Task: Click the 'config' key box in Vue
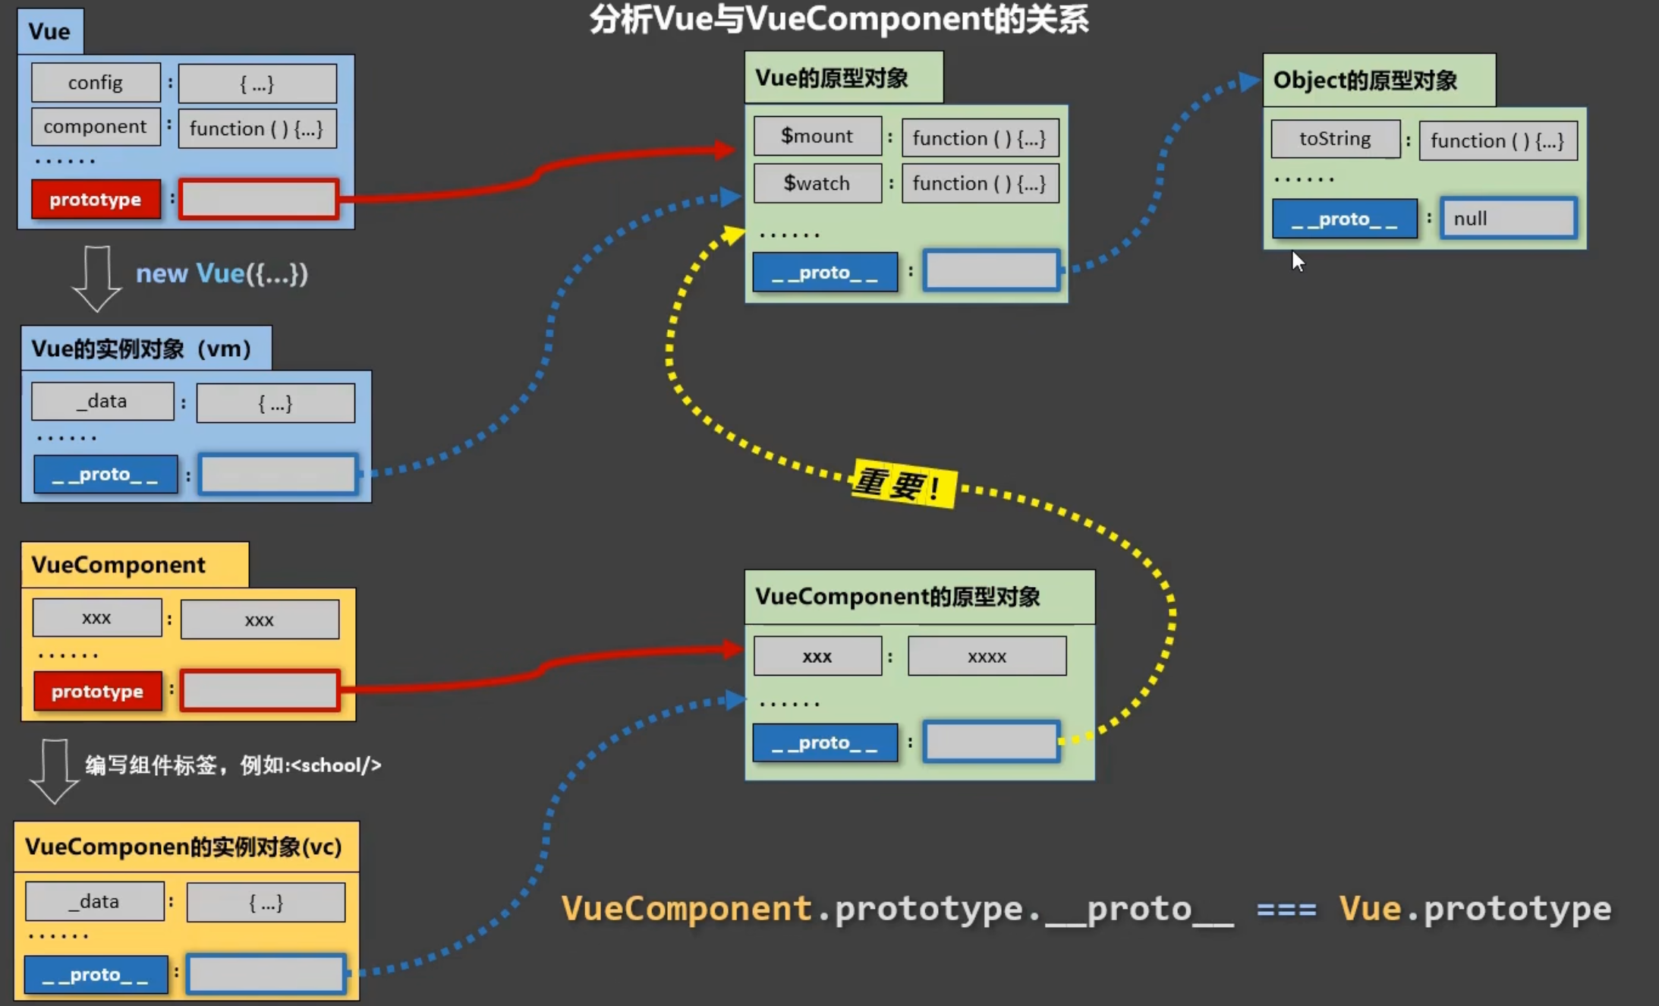tap(96, 83)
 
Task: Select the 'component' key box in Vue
tap(96, 126)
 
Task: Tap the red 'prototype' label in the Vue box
tap(96, 200)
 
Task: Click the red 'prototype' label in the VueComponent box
tap(97, 692)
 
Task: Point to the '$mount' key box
tap(817, 136)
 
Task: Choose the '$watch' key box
tap(817, 183)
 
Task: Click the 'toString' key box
tap(1335, 139)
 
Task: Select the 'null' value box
tap(1508, 219)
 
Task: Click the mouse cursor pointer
tap(1298, 261)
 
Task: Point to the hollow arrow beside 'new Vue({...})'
tap(96, 278)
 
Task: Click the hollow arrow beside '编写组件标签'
tap(54, 770)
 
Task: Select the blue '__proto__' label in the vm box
tap(105, 475)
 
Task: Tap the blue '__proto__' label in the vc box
tap(96, 975)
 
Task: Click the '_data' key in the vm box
tap(102, 401)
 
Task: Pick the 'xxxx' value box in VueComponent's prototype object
tap(987, 657)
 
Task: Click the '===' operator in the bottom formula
tap(1286, 909)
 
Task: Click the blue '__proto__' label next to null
tap(1344, 219)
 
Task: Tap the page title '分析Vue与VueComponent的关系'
tap(839, 20)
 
